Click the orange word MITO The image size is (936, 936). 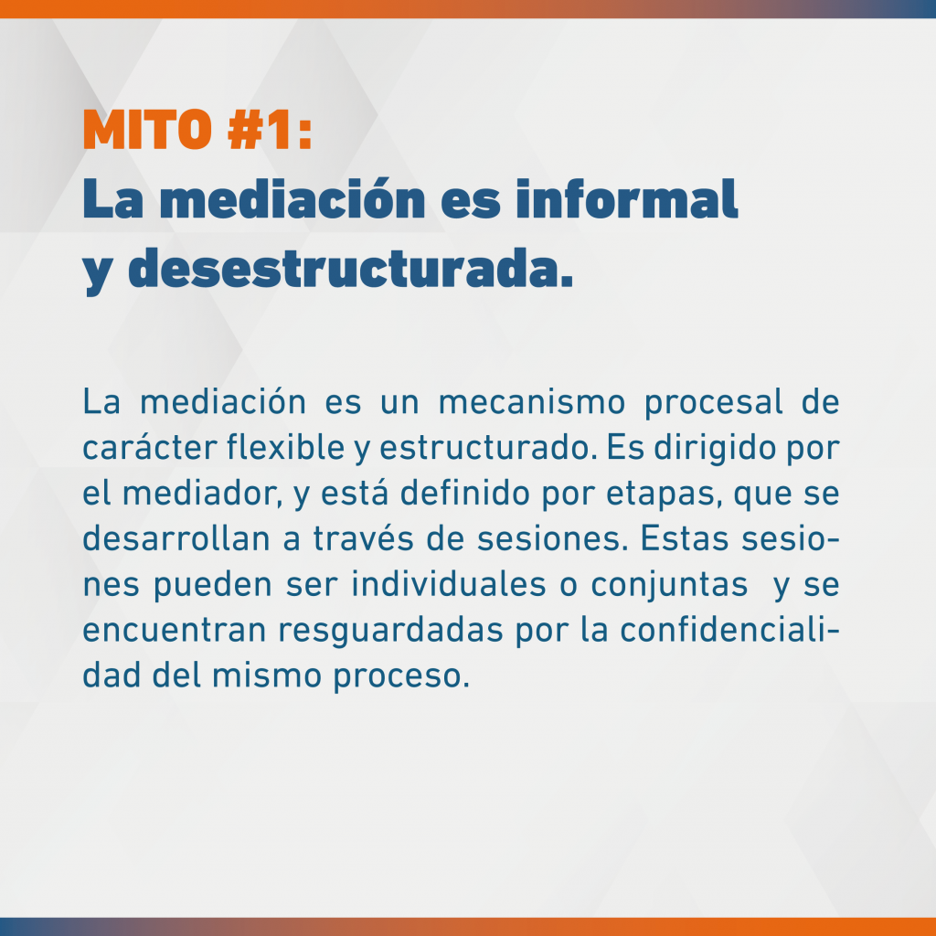[x=147, y=129]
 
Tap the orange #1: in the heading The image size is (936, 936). [x=270, y=129]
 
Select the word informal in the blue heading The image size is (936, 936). [x=626, y=198]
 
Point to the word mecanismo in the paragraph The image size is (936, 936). [x=532, y=402]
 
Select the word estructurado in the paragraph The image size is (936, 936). [x=484, y=448]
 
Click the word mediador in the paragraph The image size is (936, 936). [x=198, y=493]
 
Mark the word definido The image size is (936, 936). [x=464, y=493]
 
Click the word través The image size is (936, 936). [x=363, y=538]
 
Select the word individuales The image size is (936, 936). [x=448, y=584]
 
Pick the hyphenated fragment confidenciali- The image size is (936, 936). [x=729, y=630]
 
